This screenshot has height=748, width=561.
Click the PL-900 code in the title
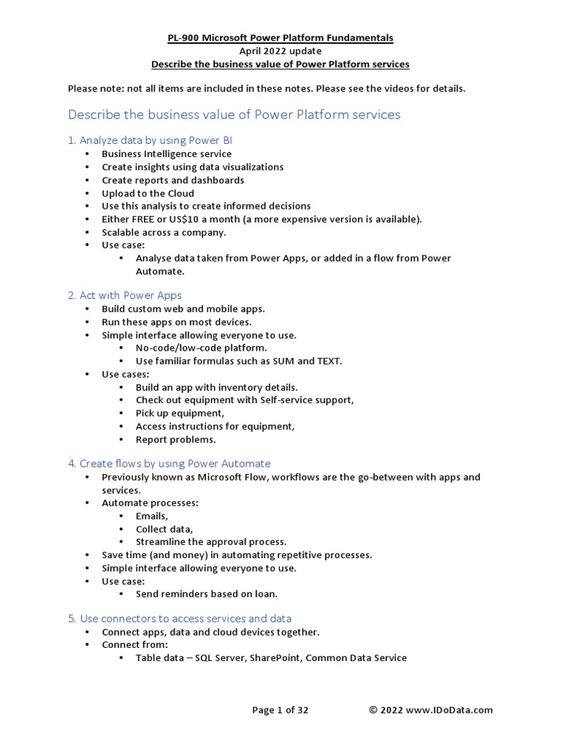183,38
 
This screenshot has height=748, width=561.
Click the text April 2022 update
280,51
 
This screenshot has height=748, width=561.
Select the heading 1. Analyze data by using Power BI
150,140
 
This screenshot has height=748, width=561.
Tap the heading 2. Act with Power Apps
125,295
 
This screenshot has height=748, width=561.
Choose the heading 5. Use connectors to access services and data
180,618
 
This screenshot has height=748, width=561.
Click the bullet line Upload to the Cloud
148,193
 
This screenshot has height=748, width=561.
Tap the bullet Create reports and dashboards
172,180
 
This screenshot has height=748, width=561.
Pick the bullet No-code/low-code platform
196,348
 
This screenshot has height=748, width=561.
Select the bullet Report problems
175,440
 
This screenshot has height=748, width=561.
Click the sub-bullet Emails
152,516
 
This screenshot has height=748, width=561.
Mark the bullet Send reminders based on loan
207,594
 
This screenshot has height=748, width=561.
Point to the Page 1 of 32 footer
280,709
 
